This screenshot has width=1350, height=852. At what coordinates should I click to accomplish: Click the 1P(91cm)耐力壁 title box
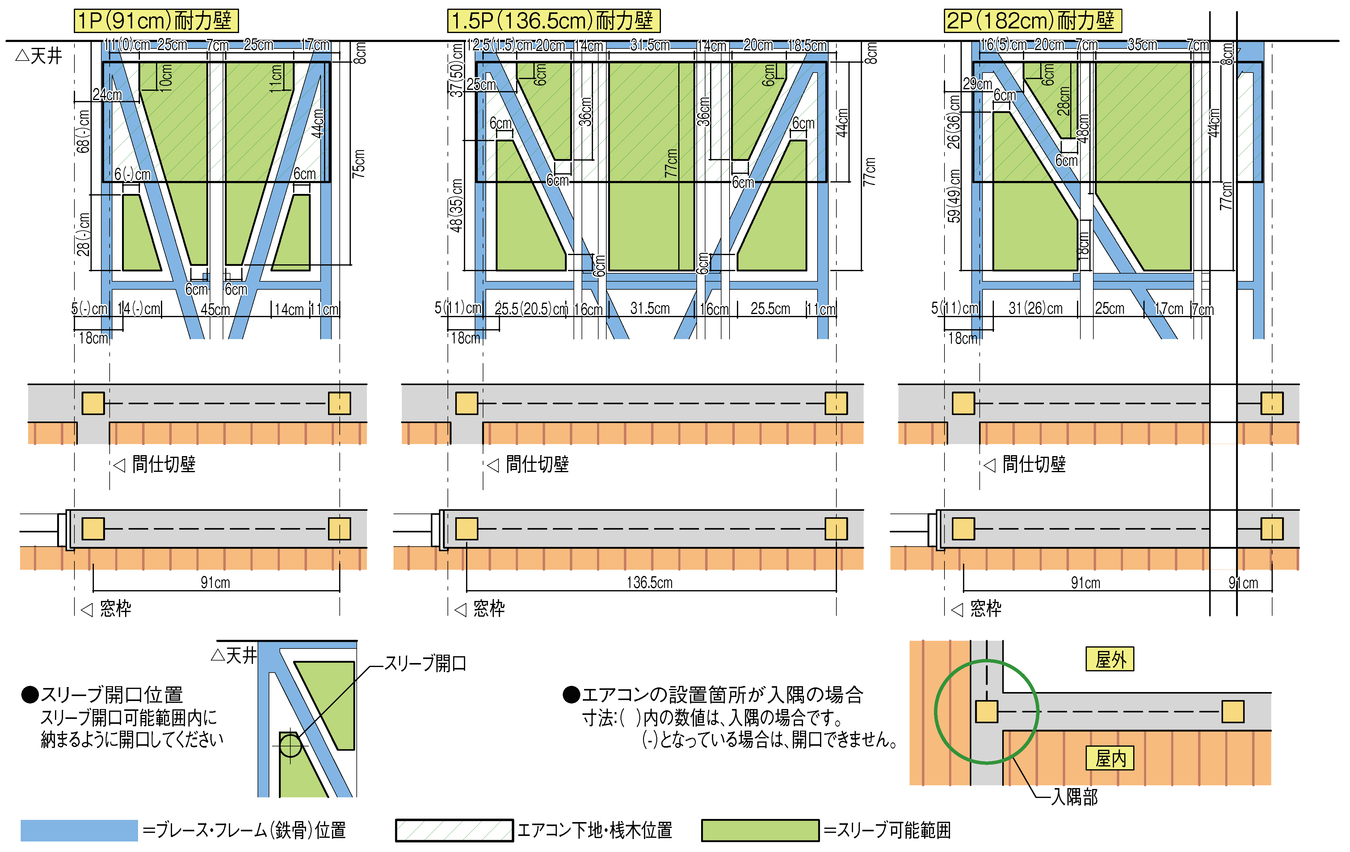tap(156, 21)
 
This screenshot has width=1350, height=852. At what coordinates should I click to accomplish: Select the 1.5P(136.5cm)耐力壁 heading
tap(553, 21)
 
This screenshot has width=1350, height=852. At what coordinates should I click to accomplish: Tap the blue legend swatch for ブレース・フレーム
tap(79, 830)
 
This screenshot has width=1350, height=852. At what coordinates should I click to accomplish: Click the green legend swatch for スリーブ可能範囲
tap(760, 830)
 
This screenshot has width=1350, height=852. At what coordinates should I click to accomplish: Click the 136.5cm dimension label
tap(649, 582)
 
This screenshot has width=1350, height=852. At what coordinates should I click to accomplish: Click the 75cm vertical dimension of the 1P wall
tap(359, 164)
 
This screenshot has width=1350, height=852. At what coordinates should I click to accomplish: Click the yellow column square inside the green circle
tap(987, 711)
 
